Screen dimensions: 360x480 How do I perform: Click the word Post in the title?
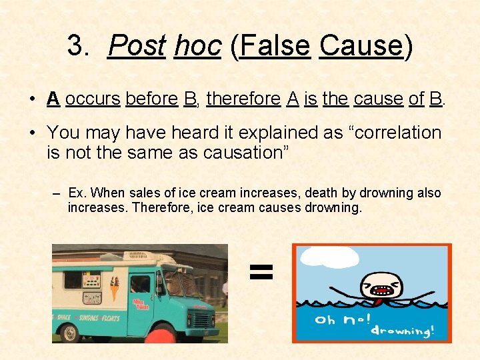137,46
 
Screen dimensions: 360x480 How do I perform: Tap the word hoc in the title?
197,46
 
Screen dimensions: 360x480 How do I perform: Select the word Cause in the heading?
361,46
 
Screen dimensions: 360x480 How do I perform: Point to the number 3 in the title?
78,46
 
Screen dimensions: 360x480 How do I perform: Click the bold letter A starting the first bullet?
53,99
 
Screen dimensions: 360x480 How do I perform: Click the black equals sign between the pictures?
261,271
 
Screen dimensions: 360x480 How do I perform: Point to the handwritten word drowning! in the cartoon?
403,331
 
